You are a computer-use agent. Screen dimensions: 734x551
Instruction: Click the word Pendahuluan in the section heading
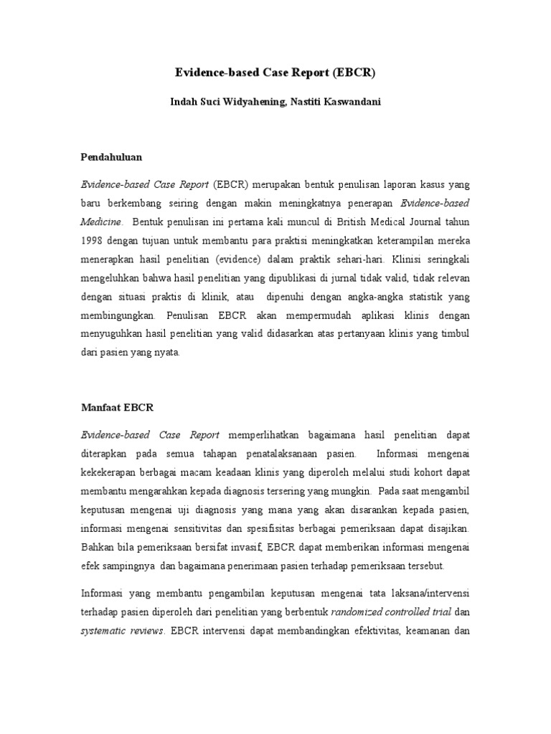point(110,156)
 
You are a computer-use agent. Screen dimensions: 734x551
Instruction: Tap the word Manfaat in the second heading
point(101,407)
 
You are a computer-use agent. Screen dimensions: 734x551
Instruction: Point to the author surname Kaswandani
point(353,102)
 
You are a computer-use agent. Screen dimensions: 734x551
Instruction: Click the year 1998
point(91,239)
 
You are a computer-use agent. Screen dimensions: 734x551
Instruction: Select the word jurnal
point(359,277)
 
